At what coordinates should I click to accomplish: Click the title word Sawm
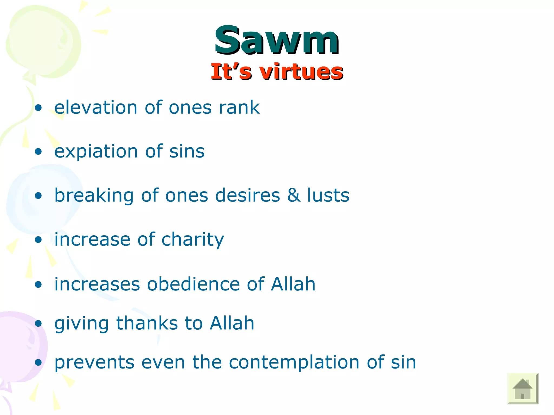(x=276, y=41)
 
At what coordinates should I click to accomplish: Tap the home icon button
(x=522, y=389)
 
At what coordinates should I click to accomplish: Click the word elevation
(x=96, y=108)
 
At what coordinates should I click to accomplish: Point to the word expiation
(x=96, y=151)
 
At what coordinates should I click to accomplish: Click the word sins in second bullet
(x=187, y=151)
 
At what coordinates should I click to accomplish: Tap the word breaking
(x=94, y=195)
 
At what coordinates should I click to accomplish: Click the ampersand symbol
(x=294, y=195)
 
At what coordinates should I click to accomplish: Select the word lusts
(x=328, y=195)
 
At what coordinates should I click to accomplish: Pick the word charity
(x=193, y=240)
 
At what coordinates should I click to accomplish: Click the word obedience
(x=193, y=284)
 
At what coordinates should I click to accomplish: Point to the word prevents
(x=94, y=362)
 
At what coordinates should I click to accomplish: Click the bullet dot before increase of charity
(x=38, y=240)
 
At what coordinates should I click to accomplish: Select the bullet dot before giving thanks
(x=38, y=323)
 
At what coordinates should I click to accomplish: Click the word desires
(x=248, y=195)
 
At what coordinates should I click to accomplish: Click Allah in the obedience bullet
(x=293, y=284)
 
